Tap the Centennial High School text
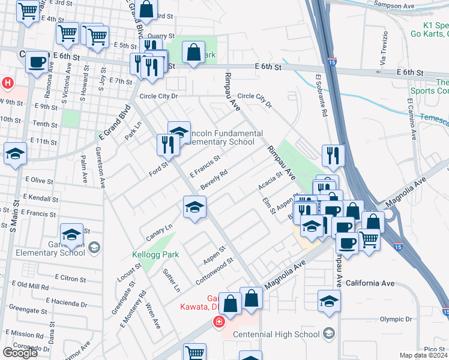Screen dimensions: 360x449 click(x=276, y=334)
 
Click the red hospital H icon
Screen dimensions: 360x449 click(x=8, y=82)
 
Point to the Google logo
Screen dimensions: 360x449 click(x=20, y=352)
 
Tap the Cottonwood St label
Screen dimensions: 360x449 click(x=214, y=266)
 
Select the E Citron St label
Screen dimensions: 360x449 click(x=71, y=278)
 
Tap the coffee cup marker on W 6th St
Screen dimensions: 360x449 click(x=37, y=62)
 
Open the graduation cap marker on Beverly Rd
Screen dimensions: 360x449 click(x=194, y=208)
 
